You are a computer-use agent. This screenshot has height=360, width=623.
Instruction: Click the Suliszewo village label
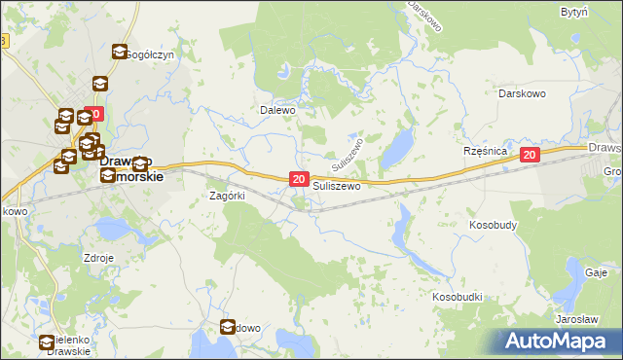click(337, 185)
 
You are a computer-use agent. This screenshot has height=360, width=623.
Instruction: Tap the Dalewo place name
click(276, 110)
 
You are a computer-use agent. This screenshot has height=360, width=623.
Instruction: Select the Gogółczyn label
click(151, 54)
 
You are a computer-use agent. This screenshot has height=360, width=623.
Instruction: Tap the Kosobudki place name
click(458, 294)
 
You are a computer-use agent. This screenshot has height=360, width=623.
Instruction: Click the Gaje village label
click(597, 272)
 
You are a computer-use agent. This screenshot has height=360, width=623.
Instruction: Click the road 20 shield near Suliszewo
click(299, 179)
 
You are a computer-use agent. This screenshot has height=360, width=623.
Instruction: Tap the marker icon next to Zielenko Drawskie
click(47, 342)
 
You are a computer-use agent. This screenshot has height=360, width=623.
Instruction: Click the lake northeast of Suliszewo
click(395, 151)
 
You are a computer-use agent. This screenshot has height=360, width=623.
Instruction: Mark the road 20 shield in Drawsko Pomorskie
click(93, 114)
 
